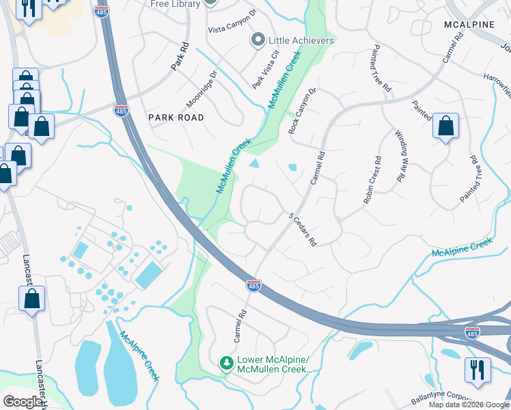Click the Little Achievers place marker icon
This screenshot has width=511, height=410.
coord(258,40)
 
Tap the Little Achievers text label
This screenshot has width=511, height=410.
coord(301,40)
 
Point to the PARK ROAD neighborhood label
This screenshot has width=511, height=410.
coord(176,118)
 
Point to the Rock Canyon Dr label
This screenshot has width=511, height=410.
coord(303,110)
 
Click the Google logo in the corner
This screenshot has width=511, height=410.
coord(23,402)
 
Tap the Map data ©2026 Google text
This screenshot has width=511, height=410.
coord(469,405)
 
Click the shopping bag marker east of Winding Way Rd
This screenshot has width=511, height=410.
coord(445,126)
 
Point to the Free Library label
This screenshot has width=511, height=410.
coord(176,4)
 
